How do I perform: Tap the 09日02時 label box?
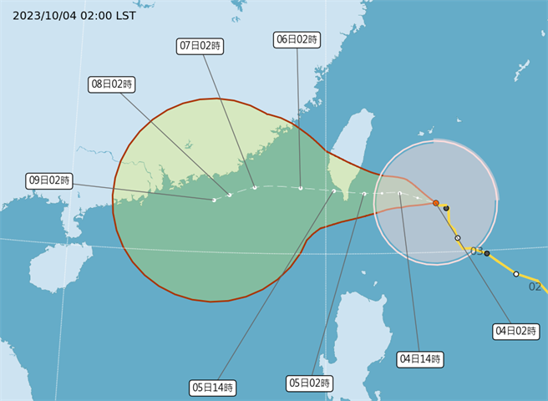48,180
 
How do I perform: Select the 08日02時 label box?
112,84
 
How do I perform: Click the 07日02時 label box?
201,46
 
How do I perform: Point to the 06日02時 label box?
297,39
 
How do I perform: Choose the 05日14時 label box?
212,387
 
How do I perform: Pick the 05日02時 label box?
310,383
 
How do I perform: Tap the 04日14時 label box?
419,359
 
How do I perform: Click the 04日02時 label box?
514,332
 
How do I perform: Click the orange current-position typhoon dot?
436,203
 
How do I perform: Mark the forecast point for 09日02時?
215,200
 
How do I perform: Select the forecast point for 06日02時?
301,188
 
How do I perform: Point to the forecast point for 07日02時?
255,188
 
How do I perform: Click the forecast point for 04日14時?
400,194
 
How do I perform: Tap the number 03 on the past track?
476,251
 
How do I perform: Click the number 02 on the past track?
535,286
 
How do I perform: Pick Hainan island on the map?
58,264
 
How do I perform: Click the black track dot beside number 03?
487,253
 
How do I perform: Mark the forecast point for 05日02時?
365,194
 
